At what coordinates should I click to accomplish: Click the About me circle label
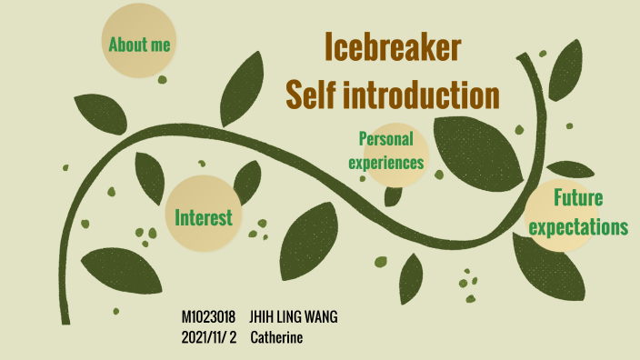pyautogui.click(x=139, y=44)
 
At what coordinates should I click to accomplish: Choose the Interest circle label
pyautogui.click(x=204, y=217)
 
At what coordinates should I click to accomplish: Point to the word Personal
pyautogui.click(x=386, y=139)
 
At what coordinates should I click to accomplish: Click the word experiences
pyautogui.click(x=392, y=164)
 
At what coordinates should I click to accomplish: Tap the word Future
pyautogui.click(x=578, y=199)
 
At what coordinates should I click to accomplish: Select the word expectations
pyautogui.click(x=579, y=227)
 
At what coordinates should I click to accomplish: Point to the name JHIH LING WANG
pyautogui.click(x=293, y=318)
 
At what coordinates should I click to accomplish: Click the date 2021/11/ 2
pyautogui.click(x=209, y=337)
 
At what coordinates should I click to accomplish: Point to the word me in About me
pyautogui.click(x=161, y=44)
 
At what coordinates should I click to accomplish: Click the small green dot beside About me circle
pyautogui.click(x=163, y=80)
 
